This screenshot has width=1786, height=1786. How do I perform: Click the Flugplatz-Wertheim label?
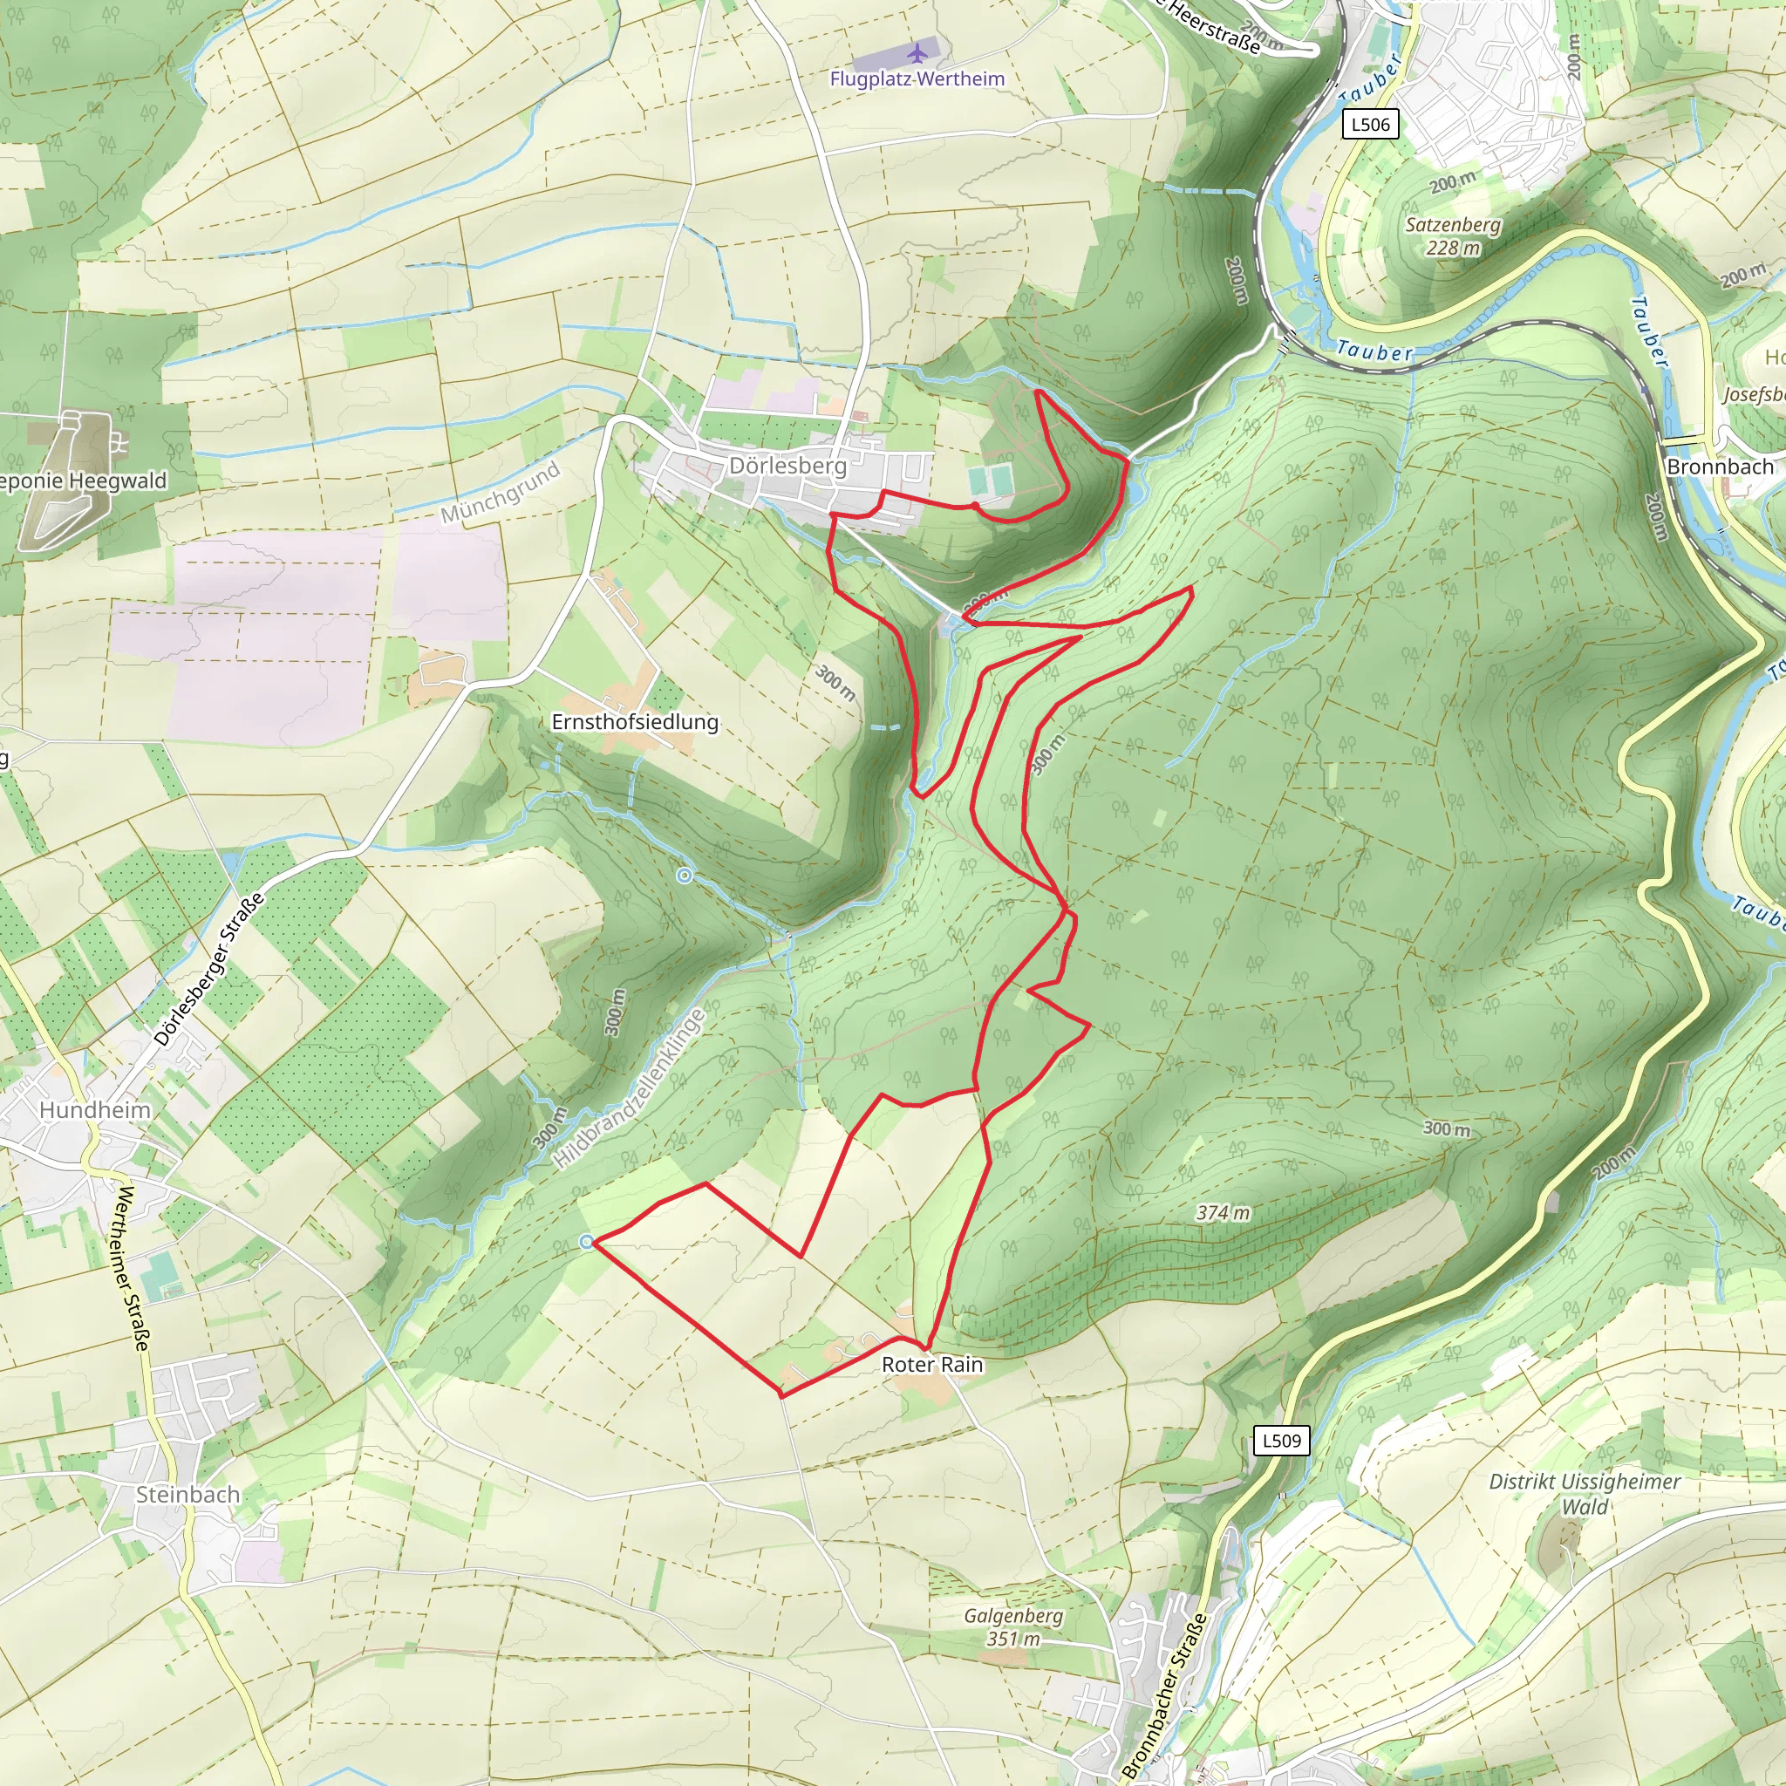pos(917,78)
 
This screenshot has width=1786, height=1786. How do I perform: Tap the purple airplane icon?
pos(917,51)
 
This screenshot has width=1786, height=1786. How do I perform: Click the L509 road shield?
pos(1281,1441)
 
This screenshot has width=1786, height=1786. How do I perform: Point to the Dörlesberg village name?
pos(787,465)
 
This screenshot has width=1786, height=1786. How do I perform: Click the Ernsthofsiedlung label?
pos(635,722)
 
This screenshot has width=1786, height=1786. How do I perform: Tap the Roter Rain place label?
pos(932,1365)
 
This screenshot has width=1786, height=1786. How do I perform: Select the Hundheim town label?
pos(94,1109)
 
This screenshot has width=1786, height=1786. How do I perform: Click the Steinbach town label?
pos(187,1495)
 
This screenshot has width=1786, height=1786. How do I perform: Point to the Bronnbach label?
pos(1720,467)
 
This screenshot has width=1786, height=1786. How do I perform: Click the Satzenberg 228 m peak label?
pos(1453,235)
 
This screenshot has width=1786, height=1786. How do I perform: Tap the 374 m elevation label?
pos(1222,1212)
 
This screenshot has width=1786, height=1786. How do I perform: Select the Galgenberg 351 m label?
pos(1013,1627)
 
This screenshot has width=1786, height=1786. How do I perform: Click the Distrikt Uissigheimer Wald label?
pos(1585,1494)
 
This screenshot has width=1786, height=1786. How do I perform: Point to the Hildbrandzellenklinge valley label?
pos(629,1088)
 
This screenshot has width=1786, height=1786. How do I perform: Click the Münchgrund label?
pos(500,492)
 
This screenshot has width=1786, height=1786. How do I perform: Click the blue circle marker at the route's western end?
pos(587,1242)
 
